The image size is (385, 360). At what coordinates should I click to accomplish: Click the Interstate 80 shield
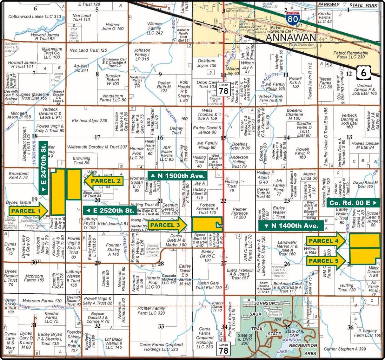tap(292, 19)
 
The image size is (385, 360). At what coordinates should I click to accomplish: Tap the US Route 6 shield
tap(363, 73)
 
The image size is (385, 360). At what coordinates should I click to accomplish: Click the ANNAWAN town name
tap(291, 37)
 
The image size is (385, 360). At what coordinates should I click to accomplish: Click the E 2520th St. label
tap(110, 210)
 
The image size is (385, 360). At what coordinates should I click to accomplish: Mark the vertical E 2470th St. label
tap(43, 168)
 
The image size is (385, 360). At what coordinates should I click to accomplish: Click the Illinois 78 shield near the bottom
tap(223, 348)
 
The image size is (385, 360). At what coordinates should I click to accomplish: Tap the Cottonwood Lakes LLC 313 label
tap(35, 16)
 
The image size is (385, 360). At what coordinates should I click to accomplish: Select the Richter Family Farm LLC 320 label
tap(151, 311)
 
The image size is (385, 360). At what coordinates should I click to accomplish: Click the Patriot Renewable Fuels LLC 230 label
tap(351, 55)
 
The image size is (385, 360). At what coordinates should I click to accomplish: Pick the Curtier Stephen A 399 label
tap(345, 349)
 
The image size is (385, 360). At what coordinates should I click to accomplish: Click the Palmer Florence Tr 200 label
tap(239, 213)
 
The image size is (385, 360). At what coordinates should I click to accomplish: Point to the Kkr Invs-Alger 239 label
tap(90, 121)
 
